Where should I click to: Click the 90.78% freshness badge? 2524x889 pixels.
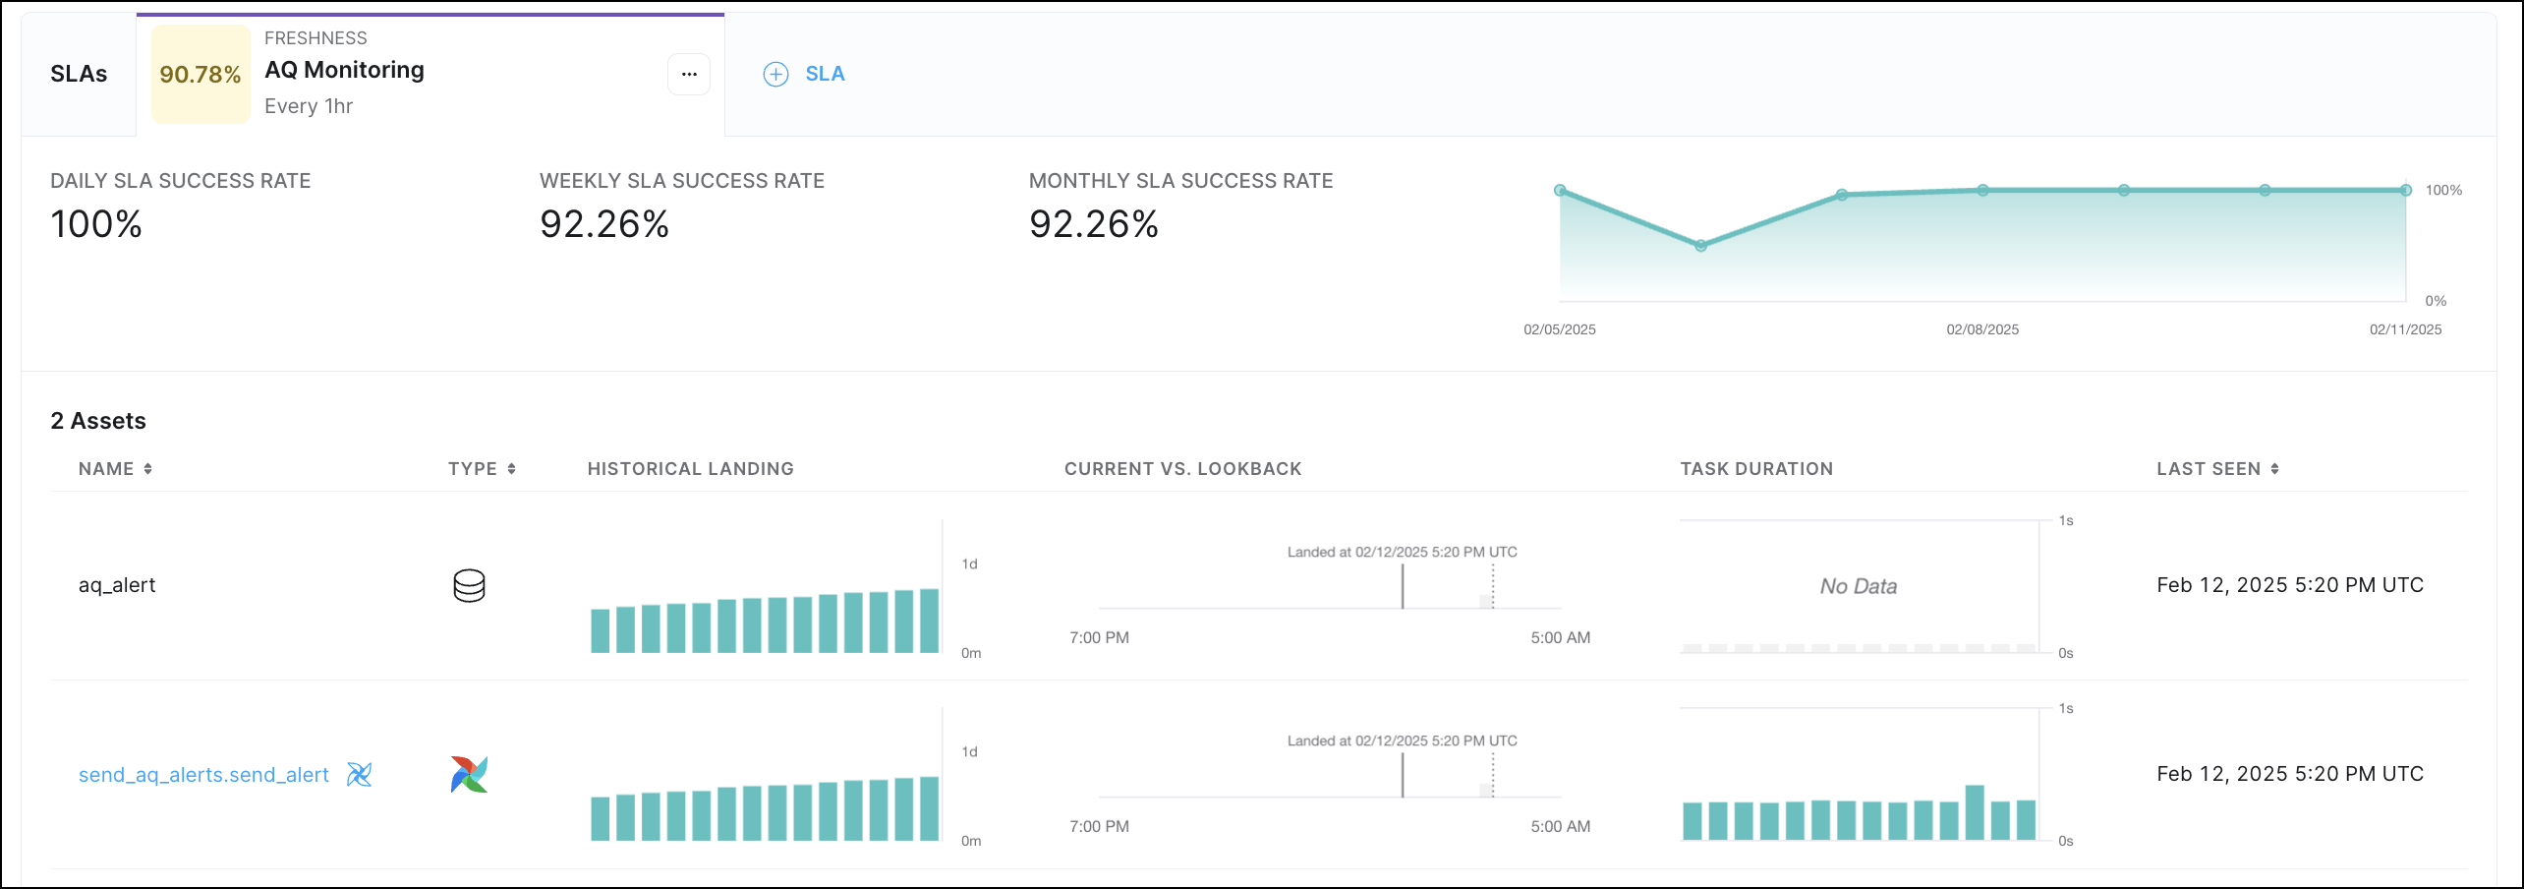click(x=201, y=75)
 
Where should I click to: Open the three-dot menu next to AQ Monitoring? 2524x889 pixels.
click(x=689, y=75)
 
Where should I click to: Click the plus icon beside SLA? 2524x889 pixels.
click(x=775, y=75)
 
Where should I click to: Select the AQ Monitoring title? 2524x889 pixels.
click(x=344, y=70)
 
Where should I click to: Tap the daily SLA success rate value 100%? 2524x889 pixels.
click(x=96, y=224)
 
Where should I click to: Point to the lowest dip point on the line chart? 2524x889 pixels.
click(x=1700, y=246)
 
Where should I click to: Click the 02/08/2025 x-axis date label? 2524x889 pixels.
click(x=1981, y=329)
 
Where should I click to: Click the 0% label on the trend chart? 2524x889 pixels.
click(x=2435, y=301)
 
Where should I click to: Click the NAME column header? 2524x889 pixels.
click(x=106, y=469)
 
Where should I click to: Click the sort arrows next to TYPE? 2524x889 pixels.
click(x=511, y=469)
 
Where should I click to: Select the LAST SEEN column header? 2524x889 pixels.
click(x=2208, y=469)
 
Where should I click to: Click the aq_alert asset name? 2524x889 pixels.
click(x=117, y=585)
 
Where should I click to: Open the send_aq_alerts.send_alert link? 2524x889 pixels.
click(x=203, y=775)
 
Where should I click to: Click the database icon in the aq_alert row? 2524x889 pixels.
click(x=469, y=585)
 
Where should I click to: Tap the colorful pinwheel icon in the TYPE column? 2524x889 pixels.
click(x=469, y=775)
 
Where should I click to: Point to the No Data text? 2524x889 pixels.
click(x=1858, y=586)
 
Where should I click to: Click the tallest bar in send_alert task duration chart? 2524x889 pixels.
click(x=1974, y=812)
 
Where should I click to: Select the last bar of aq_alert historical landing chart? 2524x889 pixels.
click(x=929, y=621)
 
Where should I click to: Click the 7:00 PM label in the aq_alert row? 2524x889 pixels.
click(x=1099, y=637)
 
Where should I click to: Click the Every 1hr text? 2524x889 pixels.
click(x=308, y=106)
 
